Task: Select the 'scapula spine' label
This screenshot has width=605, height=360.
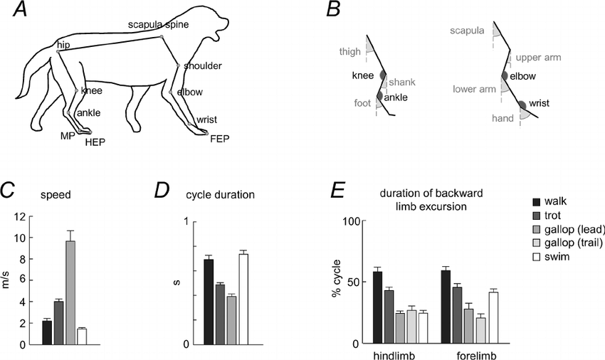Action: (158, 25)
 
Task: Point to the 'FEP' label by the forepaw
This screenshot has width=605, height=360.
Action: (220, 139)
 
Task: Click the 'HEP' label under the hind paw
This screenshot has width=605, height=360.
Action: (95, 142)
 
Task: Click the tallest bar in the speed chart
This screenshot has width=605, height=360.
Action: (70, 292)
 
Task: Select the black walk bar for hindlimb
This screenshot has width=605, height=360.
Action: (377, 308)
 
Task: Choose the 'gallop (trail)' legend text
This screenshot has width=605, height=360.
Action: (574, 243)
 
